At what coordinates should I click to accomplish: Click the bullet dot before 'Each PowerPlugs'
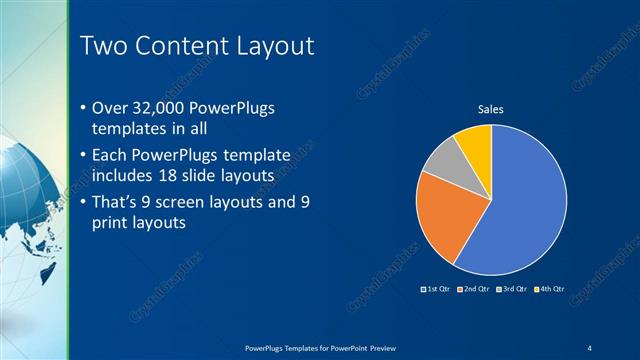pyautogui.click(x=82, y=157)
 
